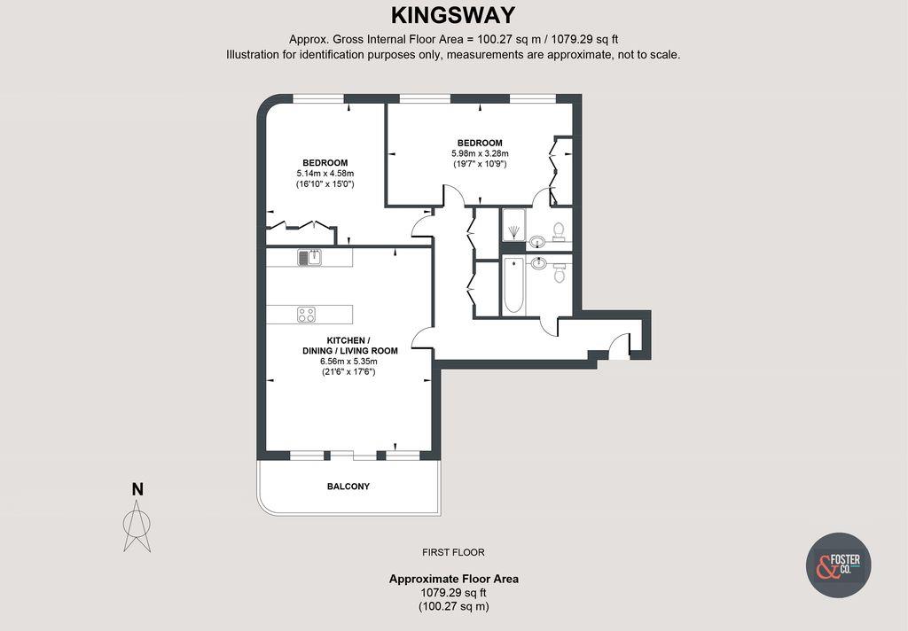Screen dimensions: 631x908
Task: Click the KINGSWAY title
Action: tap(453, 15)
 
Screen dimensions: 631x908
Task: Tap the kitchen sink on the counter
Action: tap(309, 257)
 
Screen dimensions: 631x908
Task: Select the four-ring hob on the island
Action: tap(306, 314)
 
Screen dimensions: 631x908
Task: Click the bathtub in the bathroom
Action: tap(513, 285)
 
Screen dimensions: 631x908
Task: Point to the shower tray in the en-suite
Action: tap(513, 225)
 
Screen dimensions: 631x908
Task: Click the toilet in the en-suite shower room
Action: tap(559, 231)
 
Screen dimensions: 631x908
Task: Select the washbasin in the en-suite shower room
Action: tap(537, 242)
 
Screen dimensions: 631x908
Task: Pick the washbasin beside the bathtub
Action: tap(537, 262)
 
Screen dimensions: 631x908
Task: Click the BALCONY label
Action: tap(348, 487)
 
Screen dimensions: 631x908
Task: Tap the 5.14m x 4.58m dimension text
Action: tap(325, 174)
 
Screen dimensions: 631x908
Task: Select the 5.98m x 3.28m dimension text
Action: tap(480, 153)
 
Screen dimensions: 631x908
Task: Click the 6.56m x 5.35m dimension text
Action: tap(348, 362)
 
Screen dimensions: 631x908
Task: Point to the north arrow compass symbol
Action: tap(137, 523)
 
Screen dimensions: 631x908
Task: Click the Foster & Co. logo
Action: tap(838, 565)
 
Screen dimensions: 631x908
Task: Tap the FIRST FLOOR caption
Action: tap(453, 552)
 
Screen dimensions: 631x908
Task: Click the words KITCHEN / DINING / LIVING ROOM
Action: tap(348, 346)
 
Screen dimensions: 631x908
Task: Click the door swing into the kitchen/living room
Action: tap(423, 337)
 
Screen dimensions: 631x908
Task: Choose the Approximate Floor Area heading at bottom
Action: tap(453, 579)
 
